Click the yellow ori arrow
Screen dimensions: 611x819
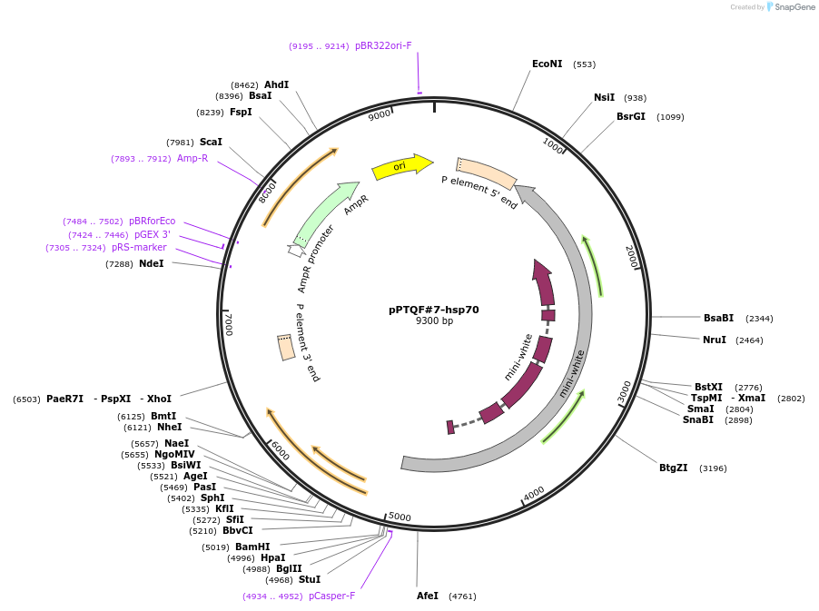point(401,166)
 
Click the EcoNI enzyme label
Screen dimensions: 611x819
point(547,64)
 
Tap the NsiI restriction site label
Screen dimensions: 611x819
point(604,98)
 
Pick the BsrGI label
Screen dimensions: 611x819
point(631,116)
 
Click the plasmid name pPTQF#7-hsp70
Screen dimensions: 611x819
point(434,310)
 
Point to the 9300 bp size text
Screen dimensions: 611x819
point(434,321)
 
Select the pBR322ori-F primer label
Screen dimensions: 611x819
point(383,45)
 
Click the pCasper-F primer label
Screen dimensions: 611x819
point(331,596)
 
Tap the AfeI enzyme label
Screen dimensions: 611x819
point(427,596)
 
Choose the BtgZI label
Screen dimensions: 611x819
point(673,468)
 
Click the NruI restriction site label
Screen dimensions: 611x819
point(715,340)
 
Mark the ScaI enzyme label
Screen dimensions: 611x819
point(211,142)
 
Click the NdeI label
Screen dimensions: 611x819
point(152,263)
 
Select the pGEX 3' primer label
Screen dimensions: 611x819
point(153,234)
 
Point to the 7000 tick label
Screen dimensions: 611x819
point(228,324)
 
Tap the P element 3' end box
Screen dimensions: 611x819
point(286,347)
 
